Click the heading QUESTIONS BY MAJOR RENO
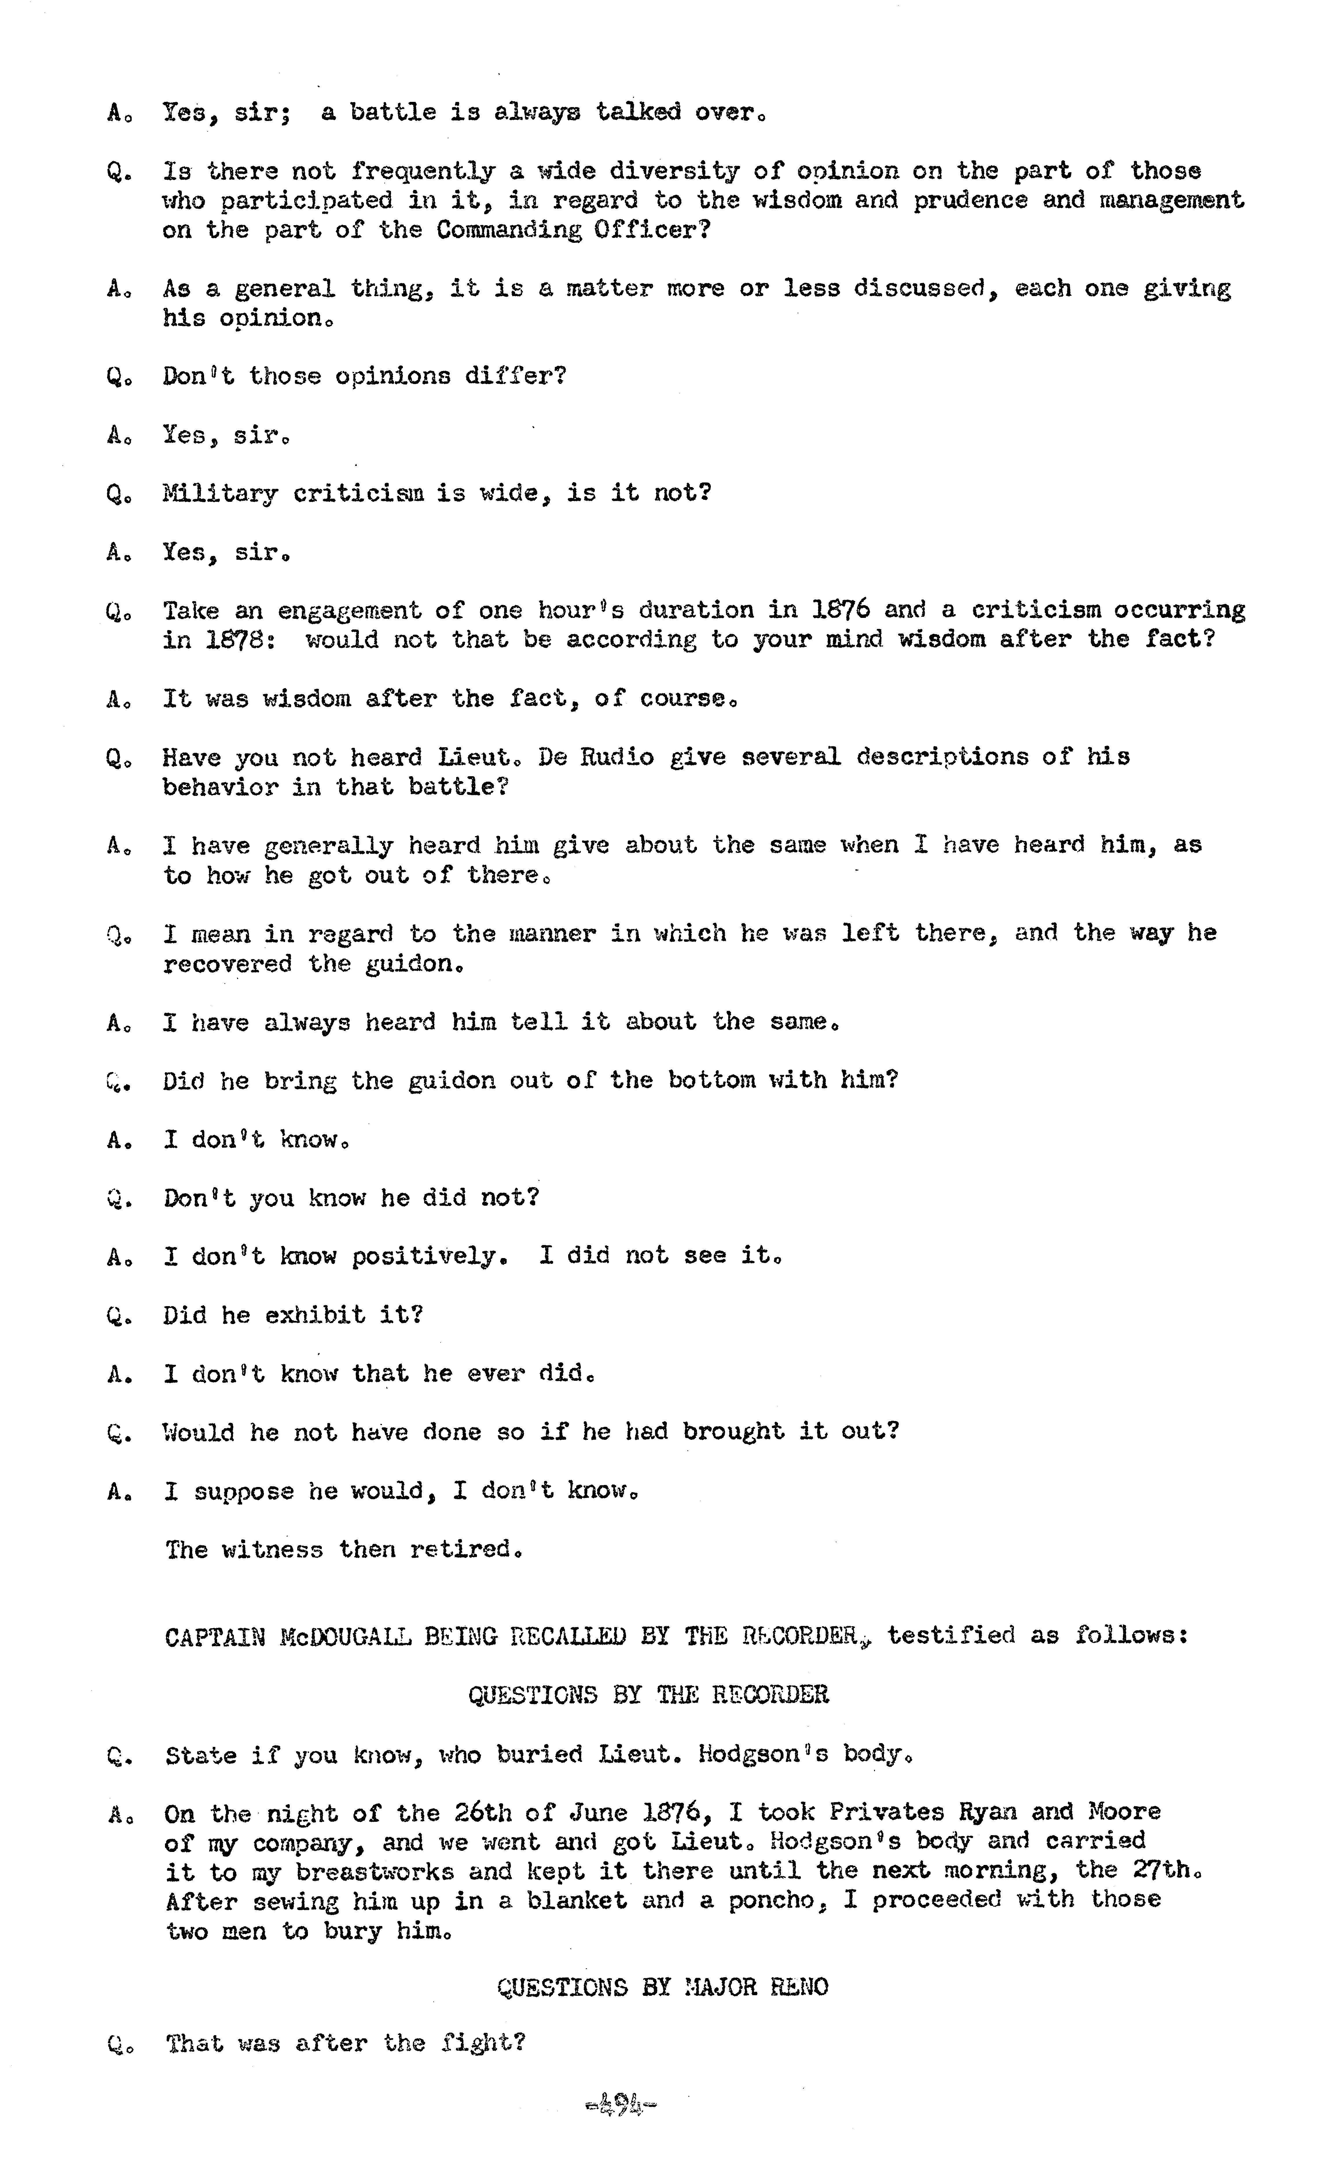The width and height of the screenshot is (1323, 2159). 663,1987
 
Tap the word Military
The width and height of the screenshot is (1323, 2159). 220,493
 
